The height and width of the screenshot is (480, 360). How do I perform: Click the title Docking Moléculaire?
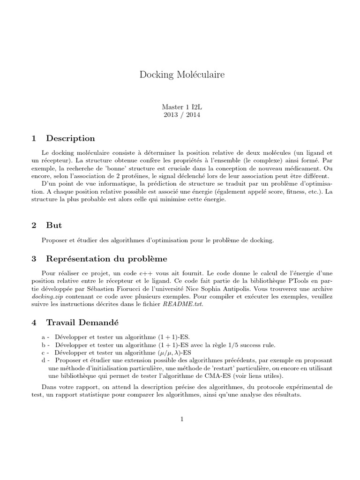[x=180, y=75]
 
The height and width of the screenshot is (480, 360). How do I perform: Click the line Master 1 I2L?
[x=180, y=107]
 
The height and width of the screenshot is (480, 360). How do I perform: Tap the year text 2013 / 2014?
[x=180, y=115]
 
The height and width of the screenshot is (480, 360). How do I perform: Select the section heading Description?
[x=70, y=138]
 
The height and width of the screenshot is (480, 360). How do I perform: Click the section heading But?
[x=54, y=225]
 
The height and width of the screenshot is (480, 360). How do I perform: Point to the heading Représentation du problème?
[x=106, y=259]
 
